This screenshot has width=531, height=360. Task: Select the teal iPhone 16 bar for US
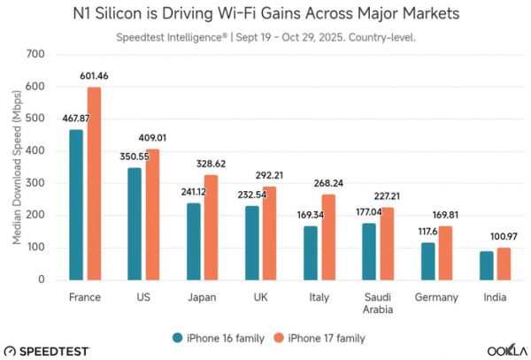point(134,224)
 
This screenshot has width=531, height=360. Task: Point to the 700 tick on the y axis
point(35,55)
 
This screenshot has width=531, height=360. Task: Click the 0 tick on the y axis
point(42,280)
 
